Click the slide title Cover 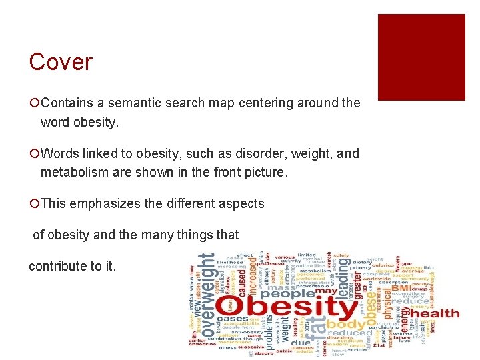coord(61,62)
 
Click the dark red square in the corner coord(421,57)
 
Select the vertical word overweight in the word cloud coord(209,293)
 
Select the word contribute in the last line coord(60,266)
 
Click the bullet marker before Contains coord(34,104)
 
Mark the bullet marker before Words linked coord(34,154)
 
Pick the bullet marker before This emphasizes coord(34,204)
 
